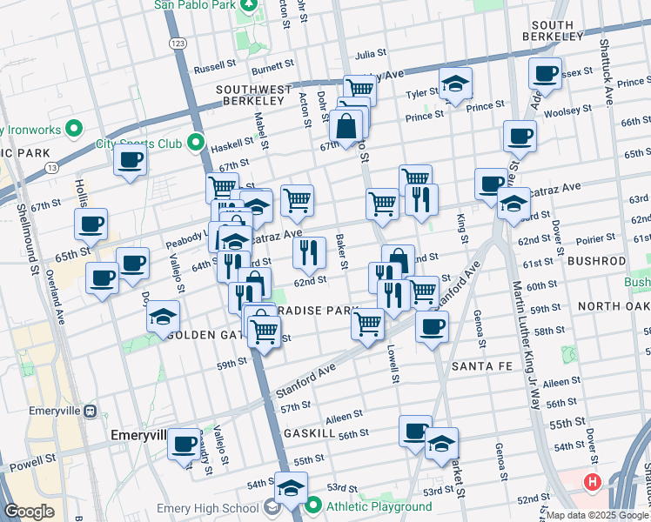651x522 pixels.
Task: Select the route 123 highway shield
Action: click(178, 42)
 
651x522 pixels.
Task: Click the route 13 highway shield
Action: click(52, 167)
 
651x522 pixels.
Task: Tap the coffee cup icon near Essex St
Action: click(546, 73)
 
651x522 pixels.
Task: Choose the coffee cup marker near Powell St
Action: click(184, 443)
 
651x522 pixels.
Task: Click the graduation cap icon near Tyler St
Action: click(454, 84)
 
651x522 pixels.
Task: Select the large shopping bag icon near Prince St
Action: click(346, 124)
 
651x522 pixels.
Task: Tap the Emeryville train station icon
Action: click(89, 411)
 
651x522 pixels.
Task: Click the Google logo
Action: click(29, 512)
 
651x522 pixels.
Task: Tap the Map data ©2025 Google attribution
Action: click(597, 515)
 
